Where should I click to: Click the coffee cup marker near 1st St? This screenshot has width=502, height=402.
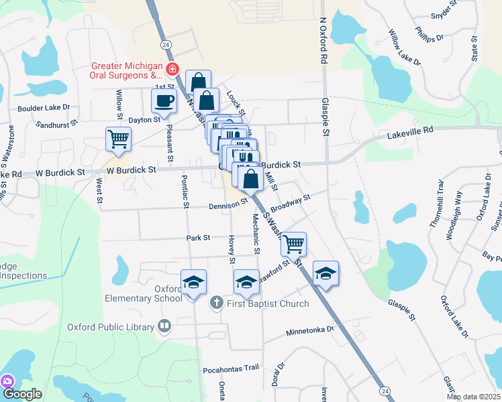164,102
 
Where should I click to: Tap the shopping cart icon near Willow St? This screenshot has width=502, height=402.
118,139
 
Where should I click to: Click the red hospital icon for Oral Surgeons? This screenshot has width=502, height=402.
172,69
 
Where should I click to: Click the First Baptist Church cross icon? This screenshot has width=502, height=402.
216,303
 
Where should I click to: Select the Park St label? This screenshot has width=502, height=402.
198,237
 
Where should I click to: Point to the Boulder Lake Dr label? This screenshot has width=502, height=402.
44,107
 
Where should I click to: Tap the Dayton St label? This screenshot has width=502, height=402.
144,119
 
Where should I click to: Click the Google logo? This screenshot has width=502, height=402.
22,394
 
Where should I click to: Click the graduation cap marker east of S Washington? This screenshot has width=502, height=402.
325,273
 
